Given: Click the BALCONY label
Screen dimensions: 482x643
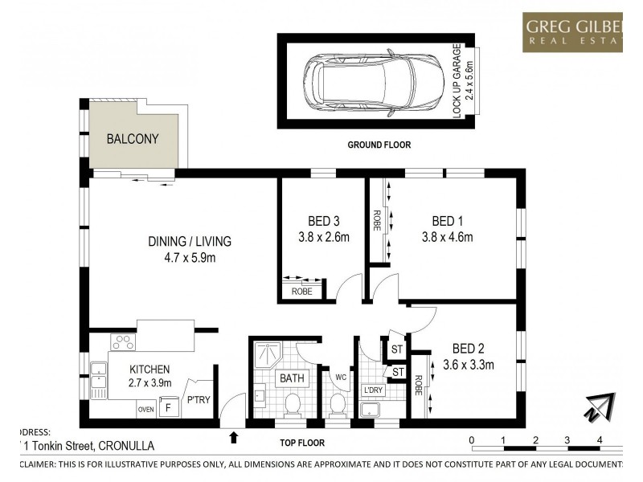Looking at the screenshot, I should pos(133,138).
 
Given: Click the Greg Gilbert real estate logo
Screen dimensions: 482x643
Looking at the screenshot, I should pos(572,32).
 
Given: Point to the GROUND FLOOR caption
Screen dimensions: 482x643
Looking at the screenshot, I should pos(379,145).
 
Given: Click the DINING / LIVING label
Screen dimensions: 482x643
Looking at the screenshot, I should pos(190,241).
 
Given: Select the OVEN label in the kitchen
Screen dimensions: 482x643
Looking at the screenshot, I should pos(145,409).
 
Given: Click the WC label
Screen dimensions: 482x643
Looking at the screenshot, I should pos(340,376).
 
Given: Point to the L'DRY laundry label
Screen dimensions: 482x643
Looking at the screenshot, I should pos(374,390).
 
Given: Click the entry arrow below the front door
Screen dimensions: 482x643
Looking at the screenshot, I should pos(234,437).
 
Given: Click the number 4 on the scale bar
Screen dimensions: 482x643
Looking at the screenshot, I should pos(600,440).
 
